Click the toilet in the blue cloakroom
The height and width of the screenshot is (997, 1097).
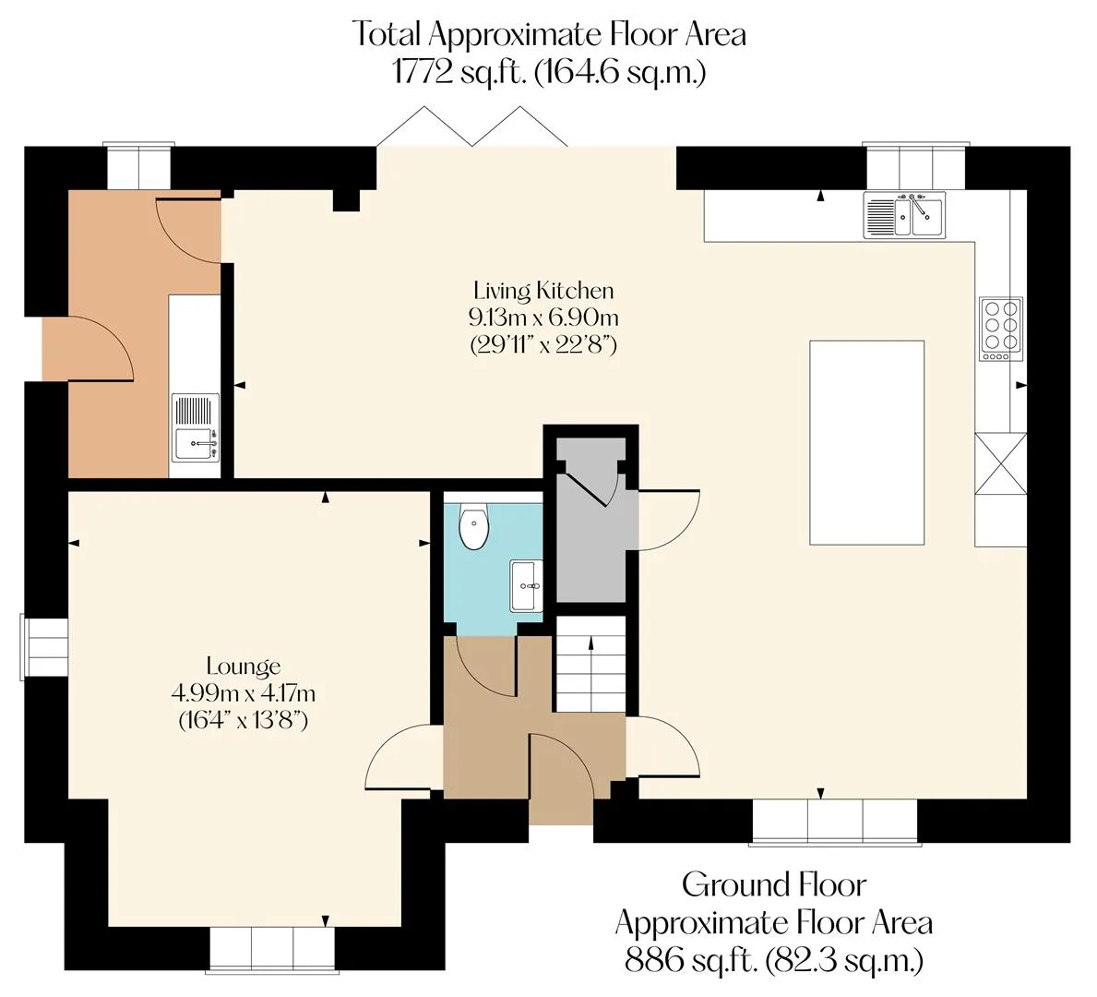tap(473, 527)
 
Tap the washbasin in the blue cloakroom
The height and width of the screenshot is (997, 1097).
tap(526, 585)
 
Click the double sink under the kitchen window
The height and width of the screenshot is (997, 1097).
tap(904, 216)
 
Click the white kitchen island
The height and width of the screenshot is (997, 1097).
tap(867, 442)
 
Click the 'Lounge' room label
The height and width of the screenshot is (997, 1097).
tap(244, 666)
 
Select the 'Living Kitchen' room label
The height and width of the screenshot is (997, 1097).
tap(543, 291)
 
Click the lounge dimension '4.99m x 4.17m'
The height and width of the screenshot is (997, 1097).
tap(244, 693)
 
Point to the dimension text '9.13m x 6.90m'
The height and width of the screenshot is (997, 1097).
tap(543, 318)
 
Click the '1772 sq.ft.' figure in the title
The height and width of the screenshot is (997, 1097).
tap(459, 71)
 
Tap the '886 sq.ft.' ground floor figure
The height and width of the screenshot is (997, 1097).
tap(691, 960)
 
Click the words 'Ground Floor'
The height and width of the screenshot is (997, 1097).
tap(774, 885)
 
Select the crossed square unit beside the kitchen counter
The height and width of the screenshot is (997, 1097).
tap(1000, 463)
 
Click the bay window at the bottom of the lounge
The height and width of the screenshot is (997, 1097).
tap(272, 950)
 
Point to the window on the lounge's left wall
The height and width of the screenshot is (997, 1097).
tap(43, 648)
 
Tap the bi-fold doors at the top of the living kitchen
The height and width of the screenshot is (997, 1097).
tap(472, 126)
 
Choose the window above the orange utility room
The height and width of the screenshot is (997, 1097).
tap(137, 166)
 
